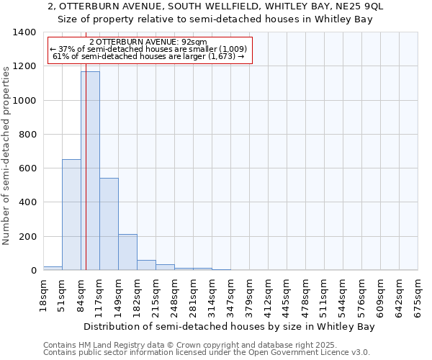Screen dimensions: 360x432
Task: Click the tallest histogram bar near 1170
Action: [90, 171]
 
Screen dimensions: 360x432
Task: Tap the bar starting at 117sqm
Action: [109, 224]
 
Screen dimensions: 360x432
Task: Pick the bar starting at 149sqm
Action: [127, 252]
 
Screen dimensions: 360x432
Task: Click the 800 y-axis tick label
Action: [27, 135]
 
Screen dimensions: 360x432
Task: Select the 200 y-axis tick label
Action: [27, 237]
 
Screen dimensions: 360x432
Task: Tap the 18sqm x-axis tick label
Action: [44, 294]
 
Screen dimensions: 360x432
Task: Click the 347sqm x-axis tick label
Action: [231, 294]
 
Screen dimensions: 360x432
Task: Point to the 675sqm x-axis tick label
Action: [418, 294]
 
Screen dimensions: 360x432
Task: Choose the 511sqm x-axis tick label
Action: [325, 294]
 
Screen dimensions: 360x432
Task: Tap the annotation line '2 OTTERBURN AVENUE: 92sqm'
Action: [150, 42]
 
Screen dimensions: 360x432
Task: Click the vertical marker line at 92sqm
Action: [86, 180]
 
